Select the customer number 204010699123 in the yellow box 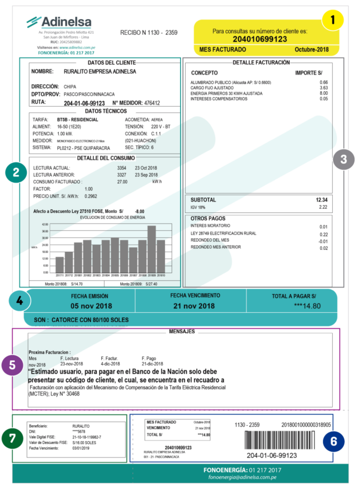pos(266,39)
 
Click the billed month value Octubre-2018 pos(312,50)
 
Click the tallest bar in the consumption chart pos(152,248)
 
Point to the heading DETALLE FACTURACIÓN pos(261,63)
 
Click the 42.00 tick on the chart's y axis pos(45,224)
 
